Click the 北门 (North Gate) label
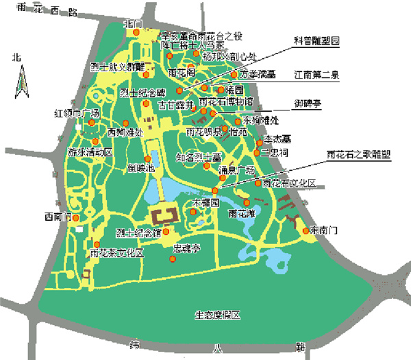click(x=133, y=24)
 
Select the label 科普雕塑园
click(x=317, y=41)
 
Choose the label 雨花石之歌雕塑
click(x=359, y=154)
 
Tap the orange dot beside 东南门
click(x=306, y=230)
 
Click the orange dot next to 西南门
click(x=76, y=218)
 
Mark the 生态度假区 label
click(x=217, y=315)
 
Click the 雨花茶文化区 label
click(x=116, y=252)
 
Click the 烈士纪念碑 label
click(x=143, y=93)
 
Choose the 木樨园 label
click(x=206, y=204)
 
